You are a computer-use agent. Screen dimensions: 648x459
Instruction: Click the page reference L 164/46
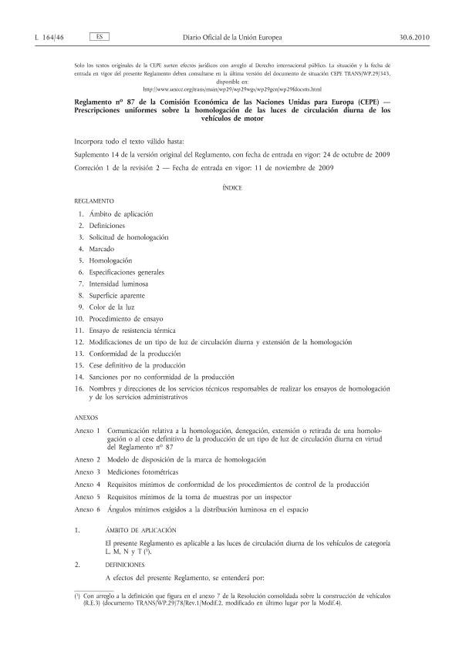click(50, 36)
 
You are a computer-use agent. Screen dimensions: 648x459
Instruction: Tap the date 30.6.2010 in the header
click(406, 36)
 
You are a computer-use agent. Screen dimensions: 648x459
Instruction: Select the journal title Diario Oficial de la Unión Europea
click(232, 36)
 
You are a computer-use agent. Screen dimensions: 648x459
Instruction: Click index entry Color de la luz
click(112, 307)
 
